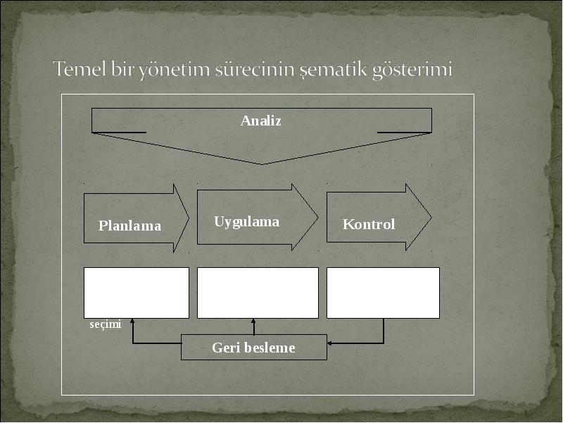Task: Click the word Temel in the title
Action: pos(80,68)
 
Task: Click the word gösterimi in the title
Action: pos(412,69)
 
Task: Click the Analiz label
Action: pos(260,121)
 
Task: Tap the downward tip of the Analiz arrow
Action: pos(261,164)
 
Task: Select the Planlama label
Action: pos(129,226)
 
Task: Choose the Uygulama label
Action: pos(247,222)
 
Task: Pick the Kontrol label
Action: pos(369,224)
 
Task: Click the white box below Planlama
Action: pos(137,293)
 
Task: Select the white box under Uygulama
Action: pos(258,293)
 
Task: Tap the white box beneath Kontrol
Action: pos(383,293)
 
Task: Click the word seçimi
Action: pos(105,324)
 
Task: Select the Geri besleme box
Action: pos(254,347)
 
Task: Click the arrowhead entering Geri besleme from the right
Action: pos(329,343)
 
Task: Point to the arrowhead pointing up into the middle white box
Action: pos(253,321)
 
